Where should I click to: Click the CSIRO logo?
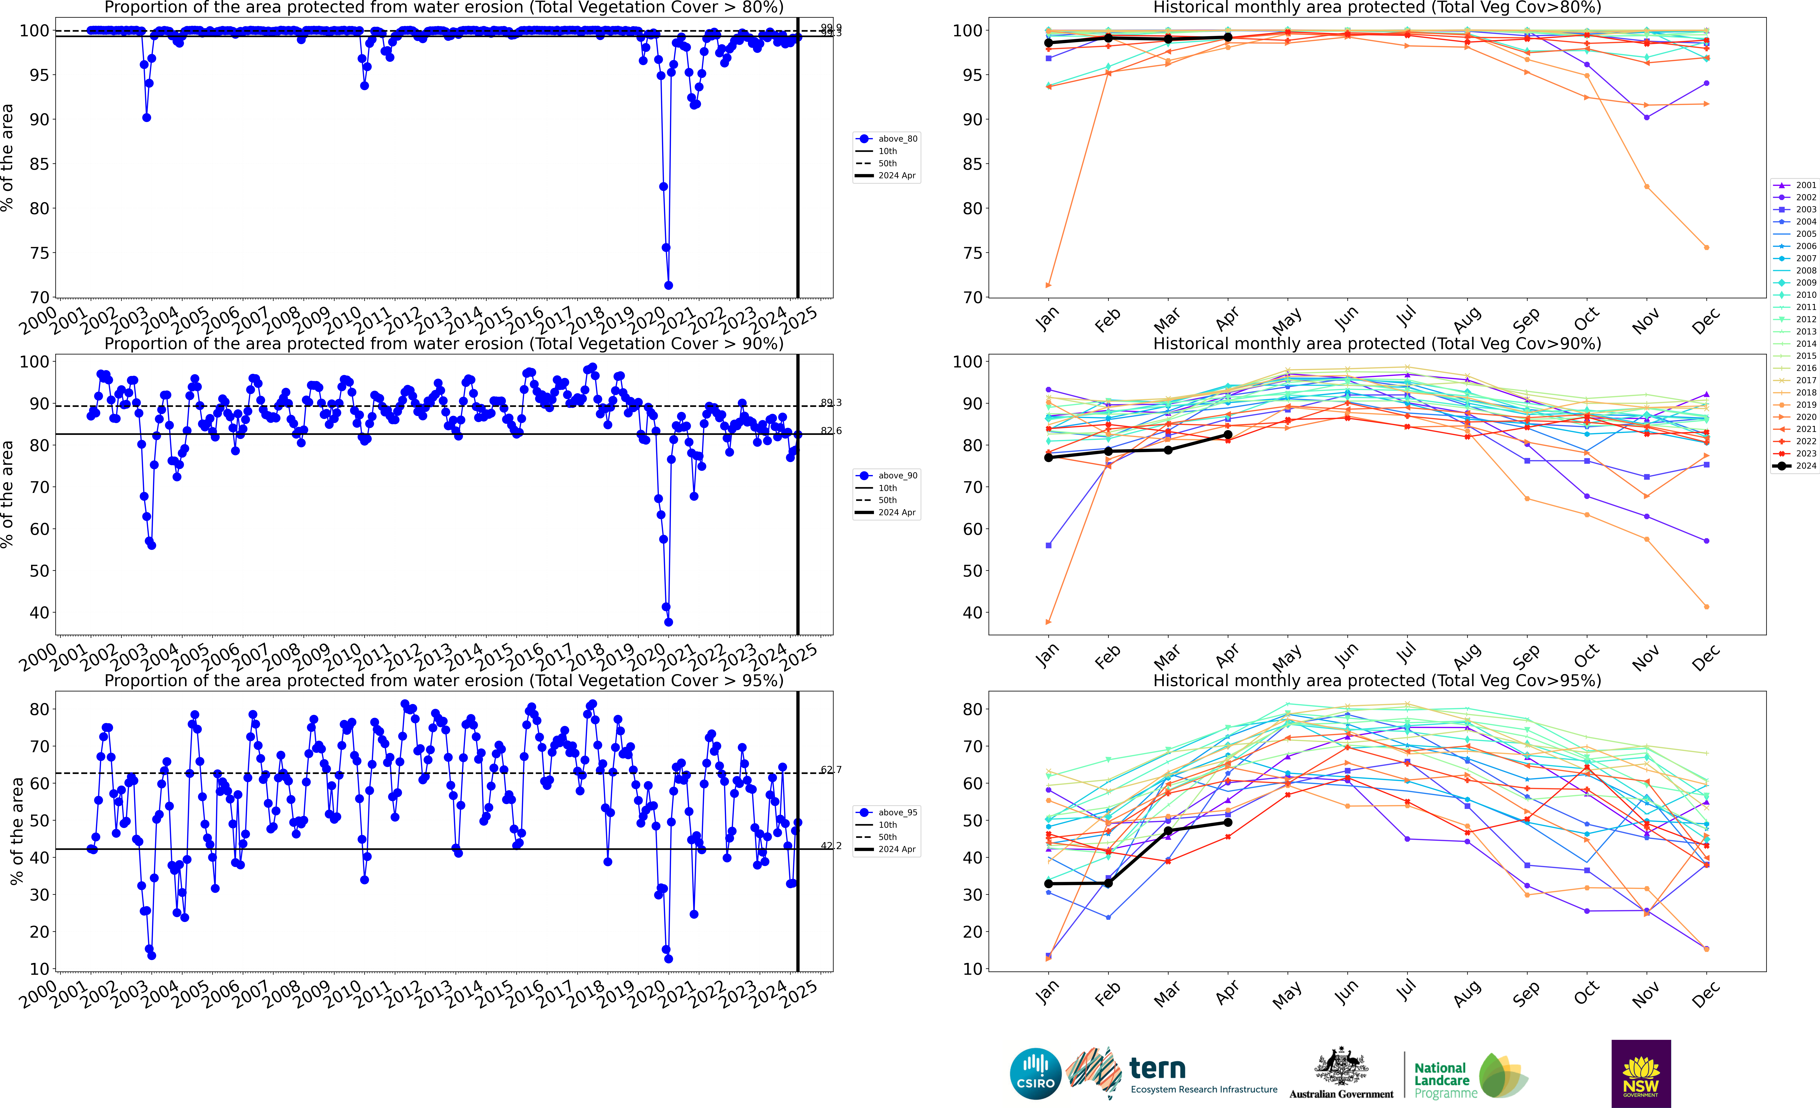[x=1036, y=1073]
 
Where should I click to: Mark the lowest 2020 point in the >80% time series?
[x=669, y=285]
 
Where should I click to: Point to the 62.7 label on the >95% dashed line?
[x=831, y=770]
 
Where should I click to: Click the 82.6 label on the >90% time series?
[x=831, y=431]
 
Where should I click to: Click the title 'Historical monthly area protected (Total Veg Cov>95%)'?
[x=1377, y=680]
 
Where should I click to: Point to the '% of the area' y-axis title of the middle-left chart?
[x=7, y=494]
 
